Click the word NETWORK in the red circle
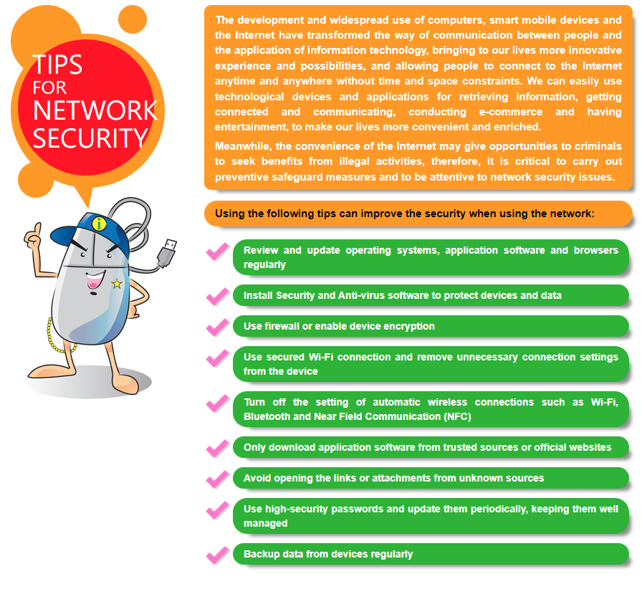[x=95, y=110]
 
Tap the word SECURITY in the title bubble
[x=90, y=138]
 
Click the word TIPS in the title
[x=57, y=64]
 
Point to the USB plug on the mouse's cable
[x=167, y=253]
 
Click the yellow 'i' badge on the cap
[x=99, y=224]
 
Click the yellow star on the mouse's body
[x=117, y=284]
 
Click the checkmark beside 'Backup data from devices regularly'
[x=217, y=555]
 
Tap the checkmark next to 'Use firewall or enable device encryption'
[x=217, y=327]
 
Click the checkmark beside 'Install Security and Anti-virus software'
[x=217, y=297]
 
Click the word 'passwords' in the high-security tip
[x=358, y=509]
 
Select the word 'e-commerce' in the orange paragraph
[x=511, y=112]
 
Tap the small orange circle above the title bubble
[x=133, y=19]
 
